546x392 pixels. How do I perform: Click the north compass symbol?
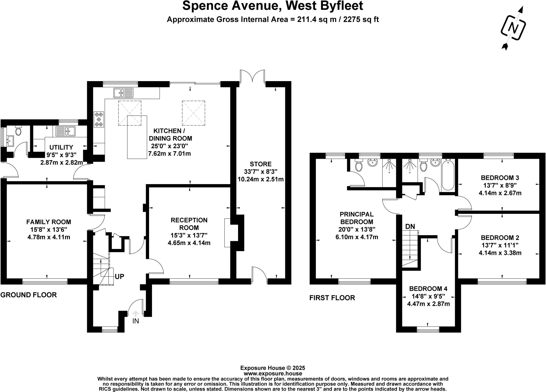513,29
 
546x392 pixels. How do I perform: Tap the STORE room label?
260,164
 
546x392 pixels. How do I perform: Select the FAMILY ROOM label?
49,222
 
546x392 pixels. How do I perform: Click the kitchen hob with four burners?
99,119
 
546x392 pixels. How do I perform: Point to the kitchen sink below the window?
123,93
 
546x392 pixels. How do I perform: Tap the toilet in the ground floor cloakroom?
19,131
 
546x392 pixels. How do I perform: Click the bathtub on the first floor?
448,175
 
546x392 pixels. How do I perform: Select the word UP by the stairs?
119,276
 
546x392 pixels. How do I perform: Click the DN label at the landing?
410,227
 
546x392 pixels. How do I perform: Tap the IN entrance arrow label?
136,321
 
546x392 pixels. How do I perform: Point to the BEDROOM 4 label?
428,288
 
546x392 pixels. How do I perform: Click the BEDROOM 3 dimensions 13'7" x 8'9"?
500,185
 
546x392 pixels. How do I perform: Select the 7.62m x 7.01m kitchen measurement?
169,154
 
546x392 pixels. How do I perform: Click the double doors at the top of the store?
252,77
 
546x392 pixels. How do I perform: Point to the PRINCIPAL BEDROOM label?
357,218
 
